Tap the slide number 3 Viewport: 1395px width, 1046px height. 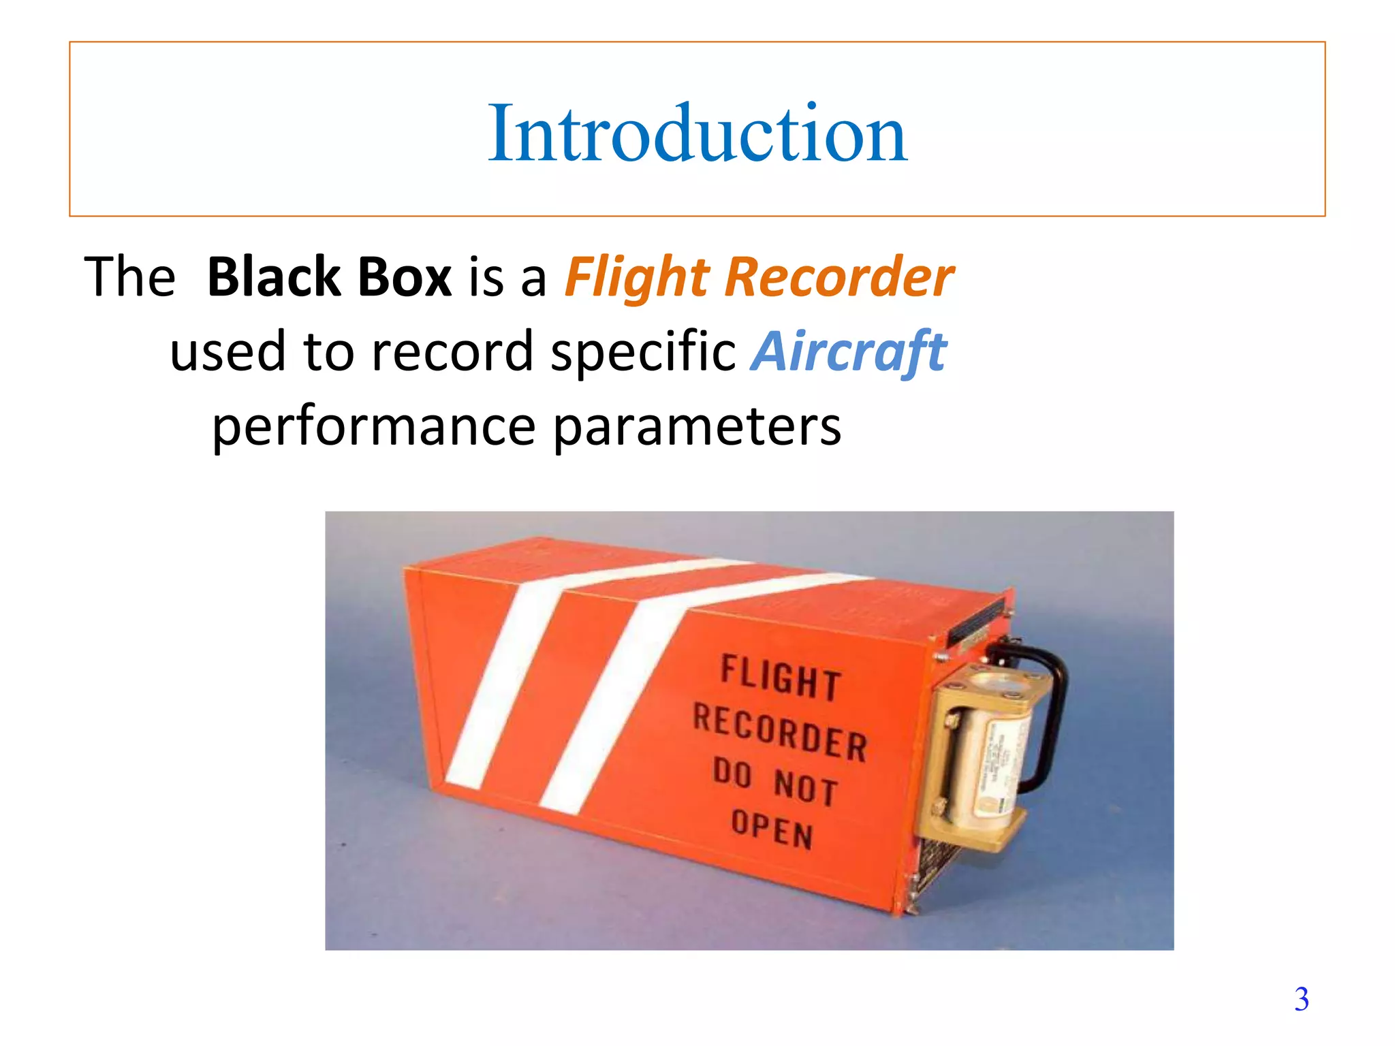coord(1301,999)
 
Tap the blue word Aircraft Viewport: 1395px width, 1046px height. coord(849,352)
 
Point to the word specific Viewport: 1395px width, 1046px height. coord(644,352)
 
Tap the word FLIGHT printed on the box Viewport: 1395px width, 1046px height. coord(781,678)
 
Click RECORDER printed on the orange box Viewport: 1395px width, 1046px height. coord(780,732)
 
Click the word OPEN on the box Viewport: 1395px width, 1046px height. coord(772,829)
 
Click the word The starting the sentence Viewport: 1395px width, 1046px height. coord(129,277)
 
